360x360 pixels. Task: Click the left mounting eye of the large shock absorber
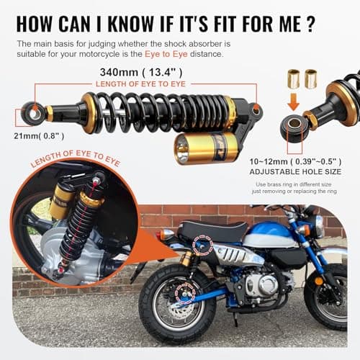click(32, 112)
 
